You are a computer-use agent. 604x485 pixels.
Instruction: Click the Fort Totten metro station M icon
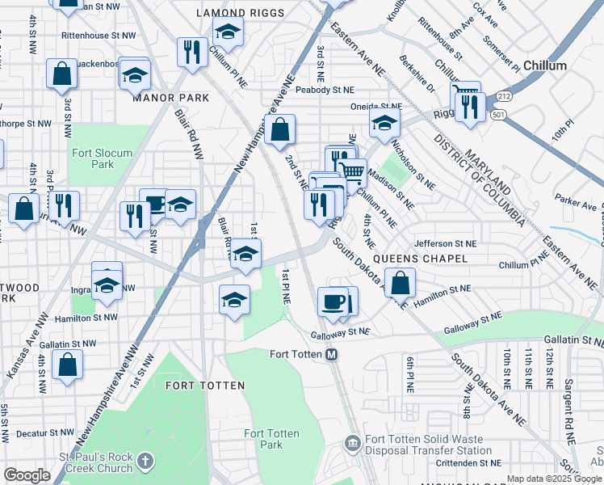[x=331, y=354]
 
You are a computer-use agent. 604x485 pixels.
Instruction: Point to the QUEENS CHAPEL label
[x=430, y=259]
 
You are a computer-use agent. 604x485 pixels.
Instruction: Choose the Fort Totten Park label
[x=271, y=440]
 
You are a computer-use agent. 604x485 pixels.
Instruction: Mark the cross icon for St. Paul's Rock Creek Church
[x=145, y=462]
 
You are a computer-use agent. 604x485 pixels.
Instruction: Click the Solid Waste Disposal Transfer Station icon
[x=352, y=442]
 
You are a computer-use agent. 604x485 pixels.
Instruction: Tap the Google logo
[x=27, y=474]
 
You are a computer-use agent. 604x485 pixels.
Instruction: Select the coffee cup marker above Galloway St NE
[x=333, y=302]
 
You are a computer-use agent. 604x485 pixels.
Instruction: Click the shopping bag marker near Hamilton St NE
[x=400, y=283]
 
